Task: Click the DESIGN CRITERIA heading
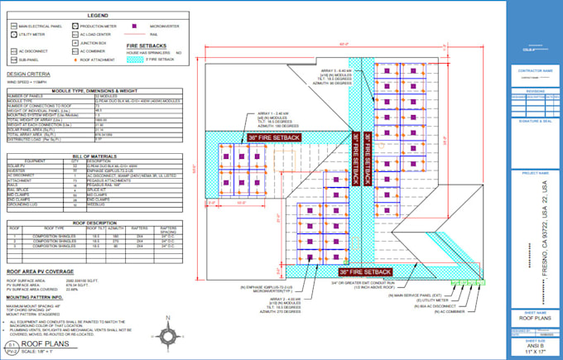click(x=26, y=73)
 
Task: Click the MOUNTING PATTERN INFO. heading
click(x=36, y=296)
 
